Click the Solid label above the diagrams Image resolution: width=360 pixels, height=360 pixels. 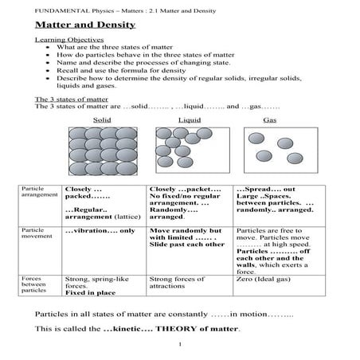102,119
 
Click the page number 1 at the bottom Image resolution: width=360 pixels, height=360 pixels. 182,345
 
